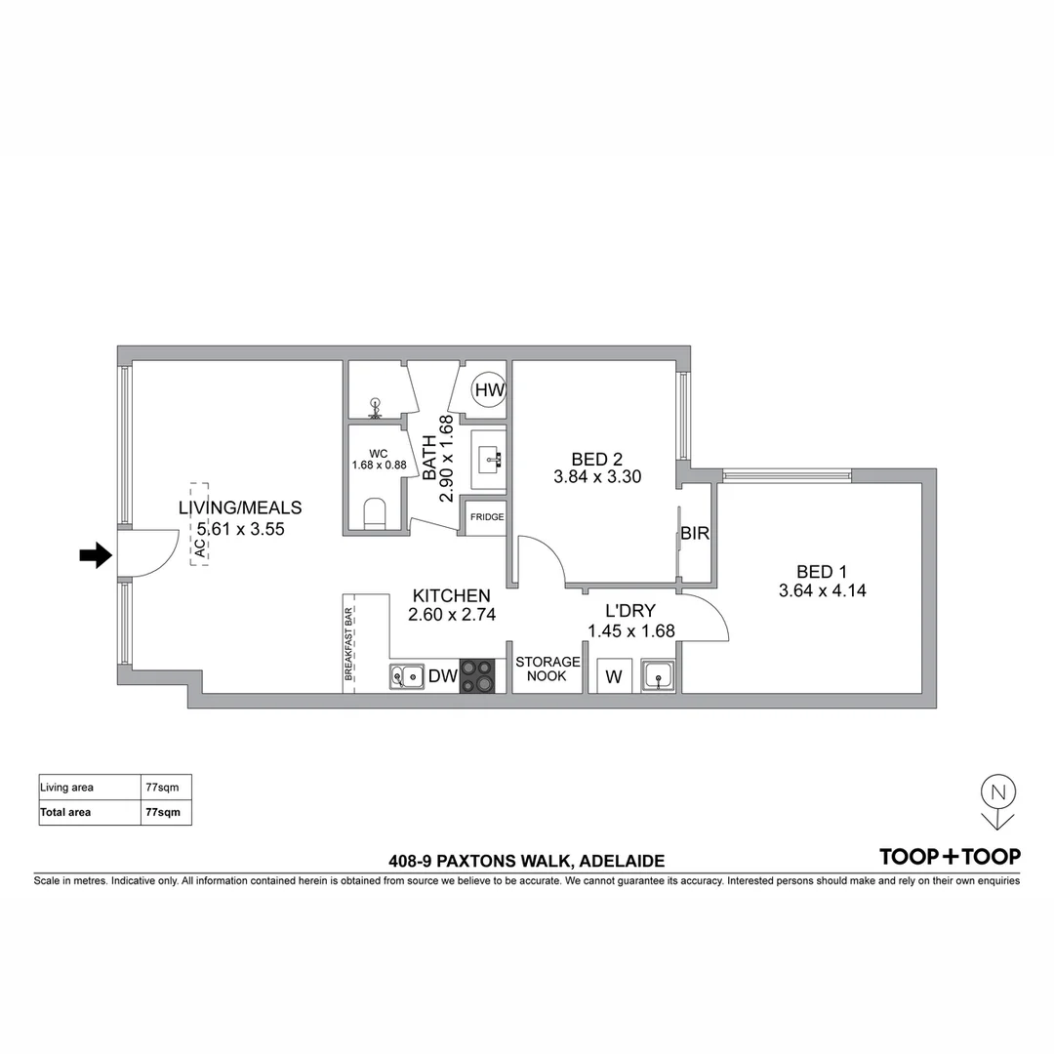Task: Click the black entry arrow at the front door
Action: [94, 556]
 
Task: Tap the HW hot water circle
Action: [489, 390]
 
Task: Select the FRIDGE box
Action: [487, 517]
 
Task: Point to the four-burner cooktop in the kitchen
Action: [477, 674]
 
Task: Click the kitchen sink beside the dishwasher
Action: [406, 674]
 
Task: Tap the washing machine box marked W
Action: [614, 676]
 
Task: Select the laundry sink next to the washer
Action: [657, 675]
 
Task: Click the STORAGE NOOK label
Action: [547, 669]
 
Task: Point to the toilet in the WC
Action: [374, 513]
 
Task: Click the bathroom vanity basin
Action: [488, 459]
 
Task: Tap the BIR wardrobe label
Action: [695, 534]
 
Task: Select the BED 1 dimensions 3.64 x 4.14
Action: [823, 590]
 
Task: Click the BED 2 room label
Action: [597, 459]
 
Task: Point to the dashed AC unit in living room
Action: [199, 525]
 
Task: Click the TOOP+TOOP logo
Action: [950, 857]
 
